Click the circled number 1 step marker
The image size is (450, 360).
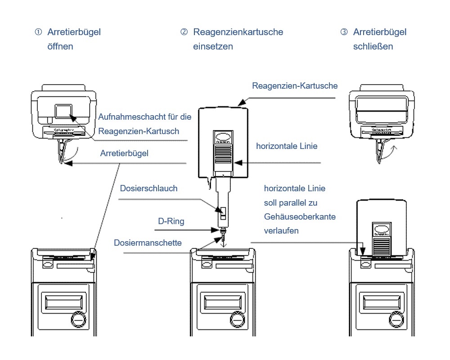[38, 32]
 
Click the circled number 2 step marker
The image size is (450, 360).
[184, 32]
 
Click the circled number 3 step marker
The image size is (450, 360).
[344, 32]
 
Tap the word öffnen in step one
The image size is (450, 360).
[60, 46]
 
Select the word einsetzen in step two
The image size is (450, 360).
[213, 46]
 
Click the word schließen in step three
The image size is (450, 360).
[373, 46]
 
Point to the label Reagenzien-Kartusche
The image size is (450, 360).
[295, 85]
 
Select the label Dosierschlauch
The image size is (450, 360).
[148, 189]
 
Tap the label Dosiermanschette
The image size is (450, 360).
[148, 243]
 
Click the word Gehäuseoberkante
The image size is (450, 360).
[300, 217]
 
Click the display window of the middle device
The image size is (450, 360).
[223, 300]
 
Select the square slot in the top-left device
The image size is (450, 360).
[63, 111]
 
